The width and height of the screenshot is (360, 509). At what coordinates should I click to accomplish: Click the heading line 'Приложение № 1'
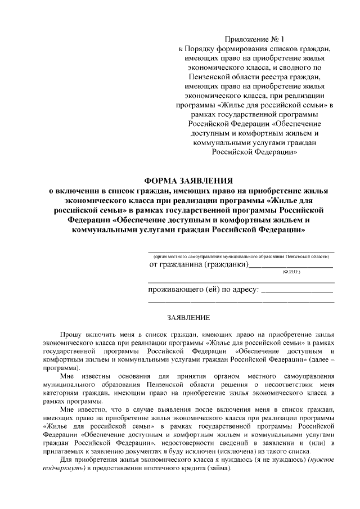255,39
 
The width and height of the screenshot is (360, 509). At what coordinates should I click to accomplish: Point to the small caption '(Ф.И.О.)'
291,272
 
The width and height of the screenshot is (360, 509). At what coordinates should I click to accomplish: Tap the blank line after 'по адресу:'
298,291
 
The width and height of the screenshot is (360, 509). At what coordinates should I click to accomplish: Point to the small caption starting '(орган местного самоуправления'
241,255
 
